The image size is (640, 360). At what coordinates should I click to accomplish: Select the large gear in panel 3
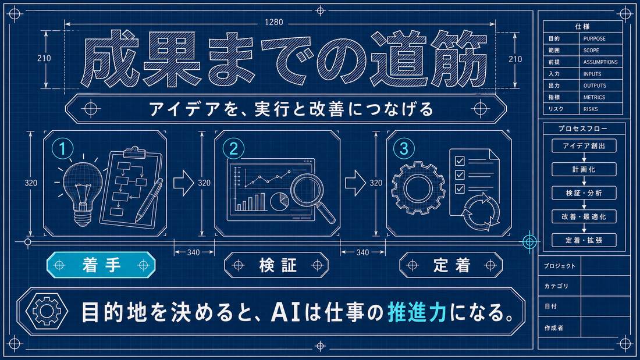point(418,188)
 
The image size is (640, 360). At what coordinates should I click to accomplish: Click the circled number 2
point(233,148)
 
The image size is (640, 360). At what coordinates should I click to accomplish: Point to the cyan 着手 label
point(101,265)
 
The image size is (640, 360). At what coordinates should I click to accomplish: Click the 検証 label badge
point(277,265)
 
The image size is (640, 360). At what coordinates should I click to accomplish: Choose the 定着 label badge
point(451,265)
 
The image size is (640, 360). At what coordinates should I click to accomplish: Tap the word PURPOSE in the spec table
point(594,39)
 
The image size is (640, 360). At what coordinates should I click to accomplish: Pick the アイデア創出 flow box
point(584,146)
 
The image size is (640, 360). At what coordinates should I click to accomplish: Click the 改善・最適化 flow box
point(584,217)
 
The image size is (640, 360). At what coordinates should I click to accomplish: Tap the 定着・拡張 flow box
point(584,240)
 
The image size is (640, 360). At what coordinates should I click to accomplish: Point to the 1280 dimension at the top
point(273,22)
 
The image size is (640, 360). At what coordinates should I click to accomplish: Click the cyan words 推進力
point(417,312)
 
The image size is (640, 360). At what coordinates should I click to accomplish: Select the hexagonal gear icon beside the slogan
point(47,311)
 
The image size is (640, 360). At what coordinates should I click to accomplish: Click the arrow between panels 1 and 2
point(184,183)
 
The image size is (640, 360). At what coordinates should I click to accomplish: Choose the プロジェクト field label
point(559,266)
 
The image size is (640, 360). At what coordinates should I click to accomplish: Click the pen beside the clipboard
point(150,200)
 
